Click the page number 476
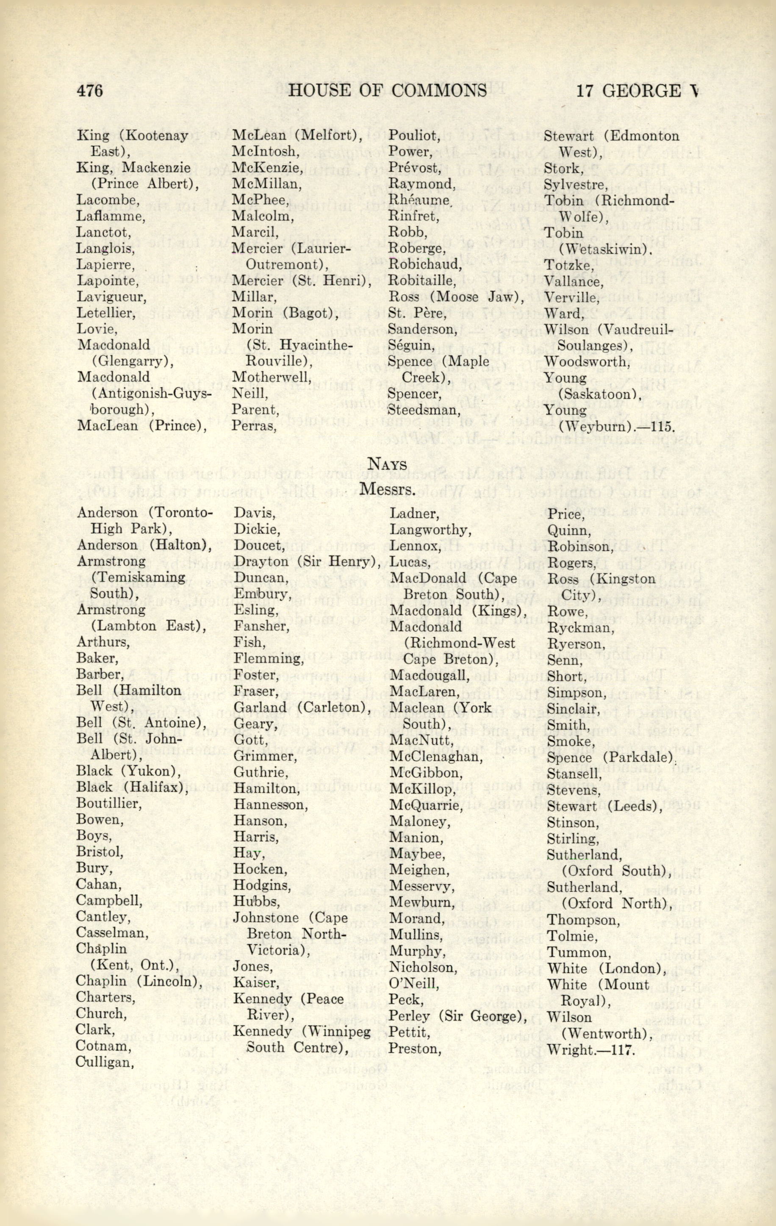pyautogui.click(x=90, y=91)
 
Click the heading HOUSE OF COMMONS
pyautogui.click(x=387, y=91)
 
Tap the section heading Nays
pyautogui.click(x=388, y=464)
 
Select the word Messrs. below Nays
pyautogui.click(x=388, y=489)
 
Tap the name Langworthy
pyautogui.click(x=430, y=530)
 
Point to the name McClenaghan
pyautogui.click(x=436, y=757)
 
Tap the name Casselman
pyautogui.click(x=112, y=933)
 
